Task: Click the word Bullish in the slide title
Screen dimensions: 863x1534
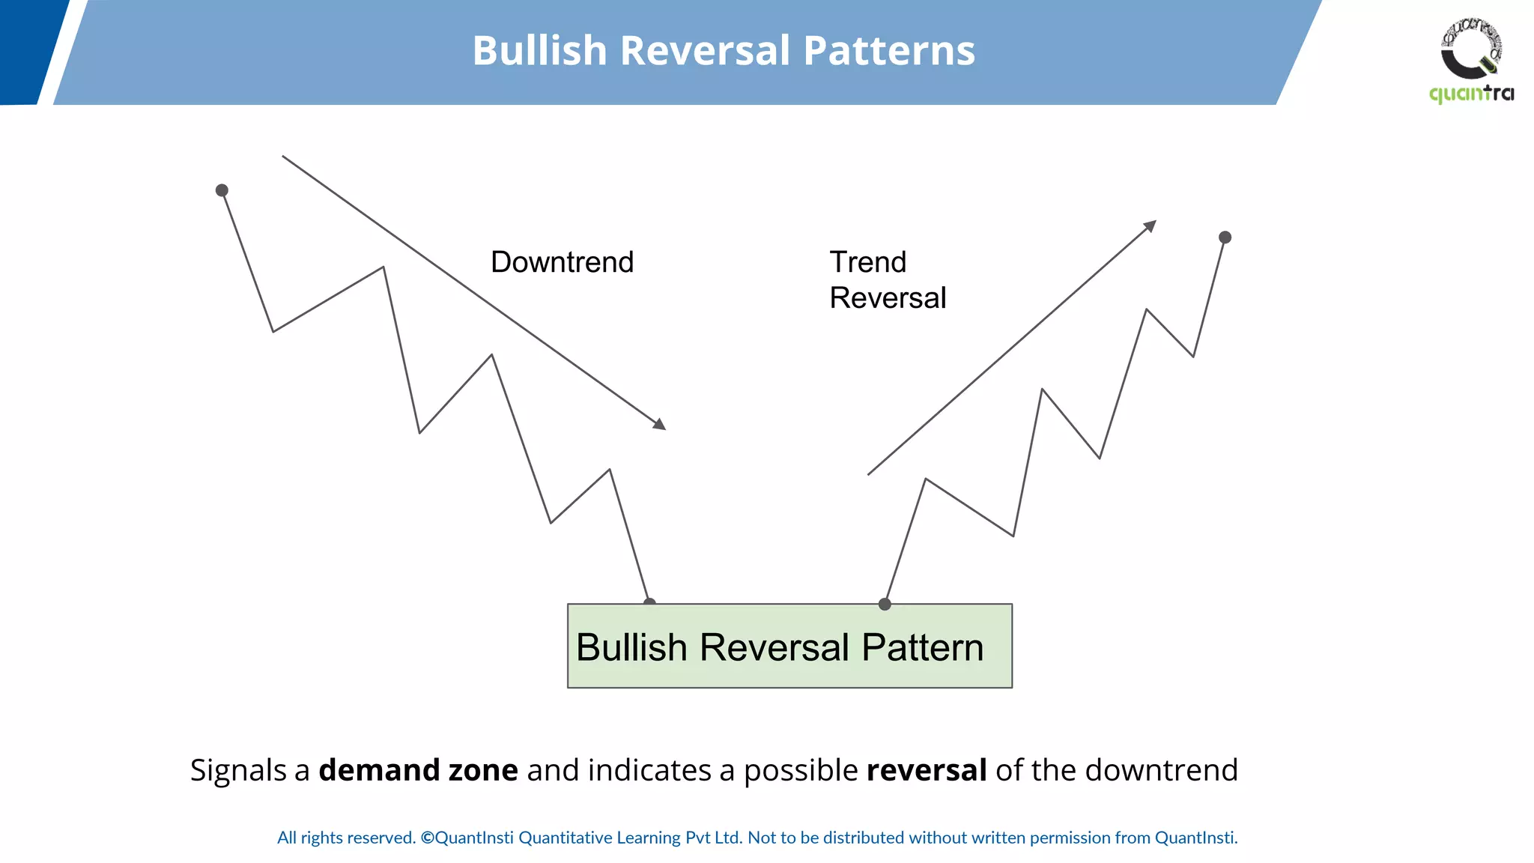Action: [x=539, y=51]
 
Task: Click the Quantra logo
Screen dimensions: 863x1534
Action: [x=1471, y=60]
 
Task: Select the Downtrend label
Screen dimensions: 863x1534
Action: [x=562, y=262]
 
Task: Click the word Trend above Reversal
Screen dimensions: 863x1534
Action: [x=867, y=262]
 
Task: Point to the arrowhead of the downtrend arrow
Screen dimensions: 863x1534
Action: [x=660, y=425]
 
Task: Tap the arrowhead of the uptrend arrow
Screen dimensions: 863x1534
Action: [x=1150, y=225]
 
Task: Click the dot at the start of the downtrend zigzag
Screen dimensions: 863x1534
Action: [x=222, y=190]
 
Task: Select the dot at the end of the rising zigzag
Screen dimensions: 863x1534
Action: [x=1225, y=237]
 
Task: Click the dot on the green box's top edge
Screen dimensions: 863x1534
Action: [x=885, y=604]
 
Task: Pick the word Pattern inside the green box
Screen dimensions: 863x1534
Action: [x=922, y=647]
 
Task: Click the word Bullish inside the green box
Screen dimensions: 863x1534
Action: [x=631, y=647]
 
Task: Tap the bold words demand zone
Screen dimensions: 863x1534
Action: [x=418, y=770]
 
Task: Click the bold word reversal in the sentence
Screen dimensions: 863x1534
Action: [x=926, y=770]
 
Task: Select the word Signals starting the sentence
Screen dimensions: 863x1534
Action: [x=238, y=770]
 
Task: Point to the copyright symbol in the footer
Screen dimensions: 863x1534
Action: [x=427, y=838]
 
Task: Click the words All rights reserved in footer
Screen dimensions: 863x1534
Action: [x=346, y=838]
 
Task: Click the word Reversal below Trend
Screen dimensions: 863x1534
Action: [x=888, y=298]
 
